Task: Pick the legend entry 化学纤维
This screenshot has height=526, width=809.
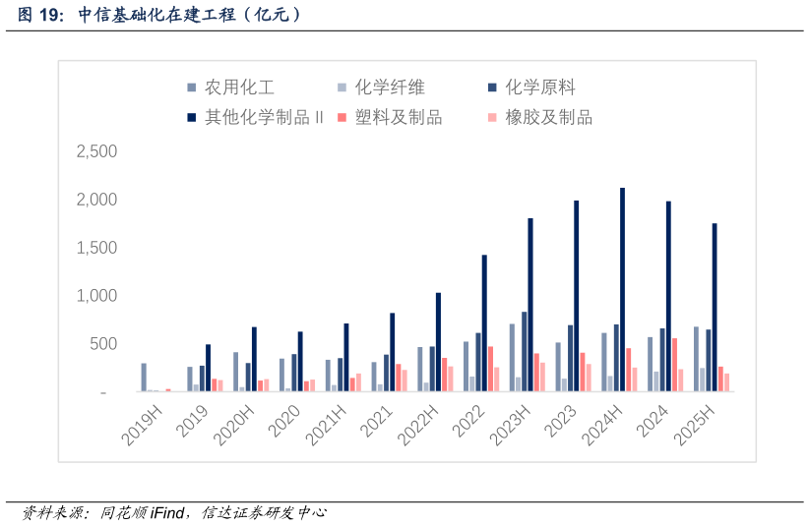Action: tap(390, 88)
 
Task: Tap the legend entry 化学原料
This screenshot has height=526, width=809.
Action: tap(540, 88)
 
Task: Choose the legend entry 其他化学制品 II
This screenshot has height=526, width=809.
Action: tap(264, 118)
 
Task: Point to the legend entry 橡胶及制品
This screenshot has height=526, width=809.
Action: tap(548, 118)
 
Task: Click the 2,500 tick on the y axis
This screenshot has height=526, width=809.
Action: tap(96, 151)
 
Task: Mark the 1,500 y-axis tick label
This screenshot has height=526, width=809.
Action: tap(96, 248)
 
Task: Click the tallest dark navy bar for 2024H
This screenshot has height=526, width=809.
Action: tap(622, 289)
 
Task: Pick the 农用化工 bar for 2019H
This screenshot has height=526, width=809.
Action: tap(144, 378)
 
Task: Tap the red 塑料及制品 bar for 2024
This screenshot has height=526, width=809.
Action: tap(674, 365)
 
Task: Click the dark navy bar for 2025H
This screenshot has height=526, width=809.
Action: tap(715, 308)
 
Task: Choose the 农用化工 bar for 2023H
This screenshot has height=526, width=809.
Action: tap(512, 358)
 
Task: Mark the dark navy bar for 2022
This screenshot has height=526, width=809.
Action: tap(484, 323)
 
